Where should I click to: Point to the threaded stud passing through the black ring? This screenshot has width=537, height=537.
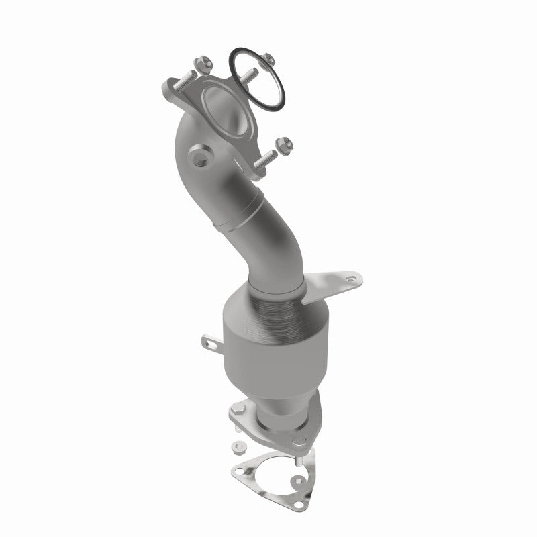coord(252,75)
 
